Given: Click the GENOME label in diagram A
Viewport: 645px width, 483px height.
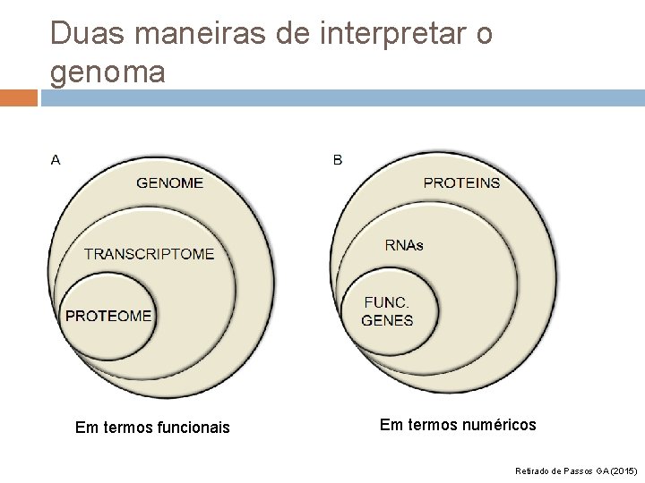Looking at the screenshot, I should pyautogui.click(x=169, y=182).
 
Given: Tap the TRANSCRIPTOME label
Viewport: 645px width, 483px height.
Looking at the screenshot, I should pyautogui.click(x=150, y=253).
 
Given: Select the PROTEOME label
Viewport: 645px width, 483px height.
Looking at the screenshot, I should pyautogui.click(x=108, y=315).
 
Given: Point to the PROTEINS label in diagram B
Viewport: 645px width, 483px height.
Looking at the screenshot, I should pyautogui.click(x=461, y=182).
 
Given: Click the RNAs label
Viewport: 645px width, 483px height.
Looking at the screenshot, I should pyautogui.click(x=404, y=245).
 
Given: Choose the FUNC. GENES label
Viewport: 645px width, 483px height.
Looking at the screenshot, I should pyautogui.click(x=387, y=311).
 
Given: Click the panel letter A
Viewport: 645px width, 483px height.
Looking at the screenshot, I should pyautogui.click(x=56, y=160).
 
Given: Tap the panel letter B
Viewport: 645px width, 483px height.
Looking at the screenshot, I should pyautogui.click(x=337, y=160).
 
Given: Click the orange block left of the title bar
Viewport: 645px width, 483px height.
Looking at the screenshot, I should pyautogui.click(x=18, y=96).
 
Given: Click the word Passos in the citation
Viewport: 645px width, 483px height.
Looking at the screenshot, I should pyautogui.click(x=574, y=469).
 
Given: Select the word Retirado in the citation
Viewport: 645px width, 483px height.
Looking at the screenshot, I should pyautogui.click(x=534, y=469).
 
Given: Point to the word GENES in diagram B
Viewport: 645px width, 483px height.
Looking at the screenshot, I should pyautogui.click(x=387, y=320).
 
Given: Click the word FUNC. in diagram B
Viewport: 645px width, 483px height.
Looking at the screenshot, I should pyautogui.click(x=387, y=303).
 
